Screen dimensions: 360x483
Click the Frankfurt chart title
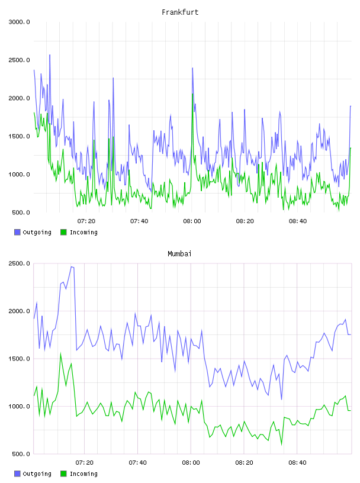pos(180,12)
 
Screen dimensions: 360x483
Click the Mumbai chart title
pos(179,254)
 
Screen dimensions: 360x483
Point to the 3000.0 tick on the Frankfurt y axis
pos(20,22)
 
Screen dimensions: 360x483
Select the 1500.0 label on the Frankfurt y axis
pos(20,137)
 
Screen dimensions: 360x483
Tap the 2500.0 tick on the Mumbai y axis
pos(20,263)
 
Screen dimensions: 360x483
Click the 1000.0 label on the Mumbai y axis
pos(20,406)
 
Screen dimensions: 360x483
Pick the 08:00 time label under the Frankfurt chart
pos(192,221)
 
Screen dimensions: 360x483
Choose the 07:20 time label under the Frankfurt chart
pos(86,221)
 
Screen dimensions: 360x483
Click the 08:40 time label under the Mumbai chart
pos(297,463)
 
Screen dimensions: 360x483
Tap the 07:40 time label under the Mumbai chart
pos(138,463)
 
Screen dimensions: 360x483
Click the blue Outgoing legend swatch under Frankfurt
pos(17,232)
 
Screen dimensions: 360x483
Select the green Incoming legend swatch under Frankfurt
pos(63,232)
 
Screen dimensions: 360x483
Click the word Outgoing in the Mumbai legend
pos(37,474)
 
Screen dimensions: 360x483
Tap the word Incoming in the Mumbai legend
pos(83,474)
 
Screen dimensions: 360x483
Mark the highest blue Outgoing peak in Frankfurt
pos(50,55)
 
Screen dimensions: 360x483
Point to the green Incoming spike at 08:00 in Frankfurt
pos(192,94)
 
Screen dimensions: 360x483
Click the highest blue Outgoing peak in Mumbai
pos(71,267)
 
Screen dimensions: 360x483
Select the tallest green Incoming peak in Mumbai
pos(60,353)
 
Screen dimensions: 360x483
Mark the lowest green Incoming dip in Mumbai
pos(281,444)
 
